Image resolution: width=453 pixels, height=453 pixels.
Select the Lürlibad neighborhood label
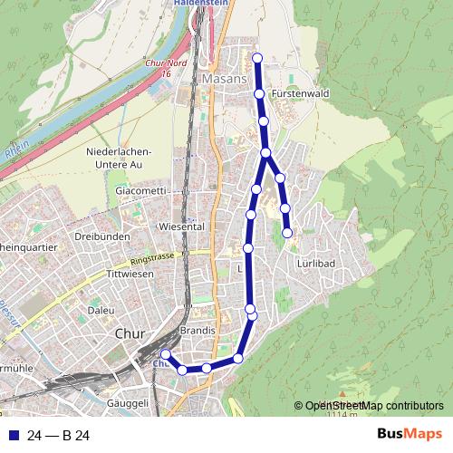click(315, 262)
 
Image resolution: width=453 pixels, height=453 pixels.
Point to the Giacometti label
click(140, 191)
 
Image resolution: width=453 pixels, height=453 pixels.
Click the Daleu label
click(101, 310)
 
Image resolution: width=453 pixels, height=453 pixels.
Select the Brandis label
click(197, 331)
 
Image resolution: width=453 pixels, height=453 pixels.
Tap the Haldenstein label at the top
click(198, 4)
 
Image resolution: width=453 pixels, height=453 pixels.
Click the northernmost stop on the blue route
click(257, 58)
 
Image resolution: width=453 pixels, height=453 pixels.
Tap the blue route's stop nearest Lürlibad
click(288, 233)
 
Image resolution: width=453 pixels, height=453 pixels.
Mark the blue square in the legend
click(13, 436)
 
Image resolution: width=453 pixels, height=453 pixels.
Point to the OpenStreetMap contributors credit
click(374, 406)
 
